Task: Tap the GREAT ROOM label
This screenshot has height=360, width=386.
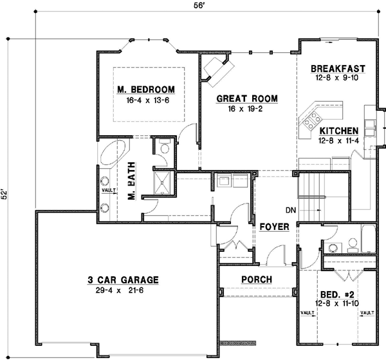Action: pos(246,99)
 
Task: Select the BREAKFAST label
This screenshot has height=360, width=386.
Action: pos(338,68)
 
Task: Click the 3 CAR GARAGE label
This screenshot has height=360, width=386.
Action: pos(123,280)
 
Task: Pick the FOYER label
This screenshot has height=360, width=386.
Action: pos(274,227)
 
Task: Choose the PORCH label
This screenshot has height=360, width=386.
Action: pos(256,279)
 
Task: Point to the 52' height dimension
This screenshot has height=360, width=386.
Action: pos(6,194)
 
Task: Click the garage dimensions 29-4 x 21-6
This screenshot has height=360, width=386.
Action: pos(123,290)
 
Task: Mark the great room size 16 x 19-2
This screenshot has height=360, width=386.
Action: pos(246,109)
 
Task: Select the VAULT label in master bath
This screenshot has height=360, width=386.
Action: pos(107,189)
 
